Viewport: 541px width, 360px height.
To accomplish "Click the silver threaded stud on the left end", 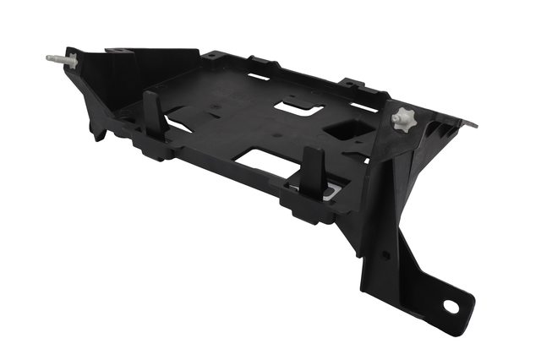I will [x=57, y=60].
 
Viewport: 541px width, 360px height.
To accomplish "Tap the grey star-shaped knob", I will [x=403, y=119].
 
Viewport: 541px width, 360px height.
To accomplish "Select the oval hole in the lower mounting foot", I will [x=450, y=307].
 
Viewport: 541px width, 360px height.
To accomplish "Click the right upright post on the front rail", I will [x=311, y=171].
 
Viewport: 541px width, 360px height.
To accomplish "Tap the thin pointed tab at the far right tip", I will [x=468, y=123].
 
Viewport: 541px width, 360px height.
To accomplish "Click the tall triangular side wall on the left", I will [x=93, y=93].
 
